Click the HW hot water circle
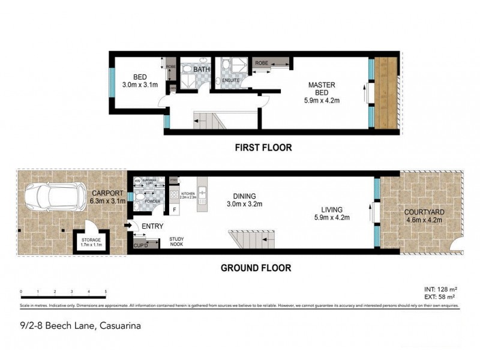coord(137,181)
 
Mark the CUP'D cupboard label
coord(142,245)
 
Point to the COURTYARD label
coord(424,212)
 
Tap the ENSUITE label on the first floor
coord(230,79)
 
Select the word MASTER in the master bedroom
coord(322,85)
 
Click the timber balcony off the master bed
coord(387,93)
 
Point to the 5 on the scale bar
coord(106,292)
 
